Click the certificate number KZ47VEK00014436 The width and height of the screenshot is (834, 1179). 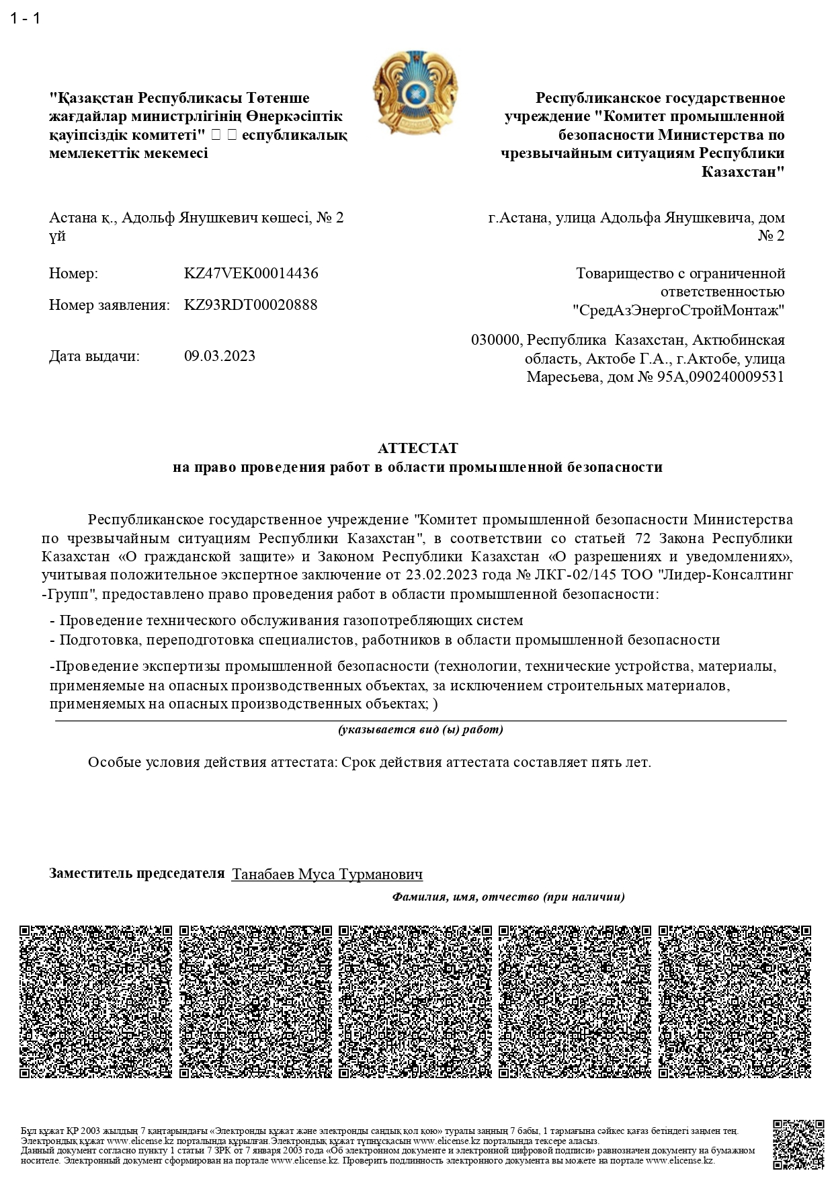251,274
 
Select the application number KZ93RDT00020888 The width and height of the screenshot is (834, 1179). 251,304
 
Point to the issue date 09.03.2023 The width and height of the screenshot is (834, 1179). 220,356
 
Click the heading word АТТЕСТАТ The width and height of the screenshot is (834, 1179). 417,448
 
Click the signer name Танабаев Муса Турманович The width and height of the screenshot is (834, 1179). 327,875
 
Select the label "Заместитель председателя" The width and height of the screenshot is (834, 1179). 136,873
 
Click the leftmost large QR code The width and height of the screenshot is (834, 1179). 95,1002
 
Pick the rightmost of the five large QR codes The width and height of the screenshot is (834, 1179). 735,1002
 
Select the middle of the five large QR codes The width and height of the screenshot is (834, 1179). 415,1002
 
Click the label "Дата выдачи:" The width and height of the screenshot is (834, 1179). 94,356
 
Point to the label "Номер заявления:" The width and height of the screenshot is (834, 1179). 109,305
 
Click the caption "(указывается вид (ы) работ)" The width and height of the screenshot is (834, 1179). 421,729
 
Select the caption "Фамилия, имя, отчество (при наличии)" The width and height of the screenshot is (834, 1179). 509,897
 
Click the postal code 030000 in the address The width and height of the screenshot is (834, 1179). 495,340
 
